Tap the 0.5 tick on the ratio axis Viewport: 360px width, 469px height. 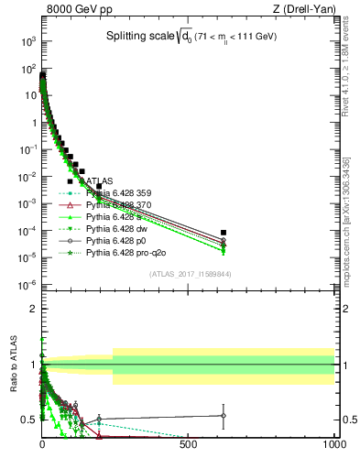pos(29,419)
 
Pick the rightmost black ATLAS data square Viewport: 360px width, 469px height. pos(224,233)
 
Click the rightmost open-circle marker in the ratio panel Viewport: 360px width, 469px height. pos(224,415)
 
